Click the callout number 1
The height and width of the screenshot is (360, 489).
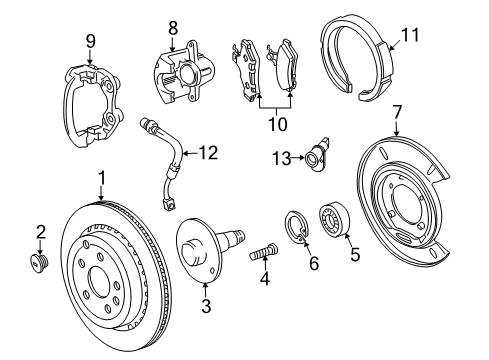101,178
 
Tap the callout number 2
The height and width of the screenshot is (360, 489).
40,232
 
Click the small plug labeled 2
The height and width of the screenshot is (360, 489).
41,263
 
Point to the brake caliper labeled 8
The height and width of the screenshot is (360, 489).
178,73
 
